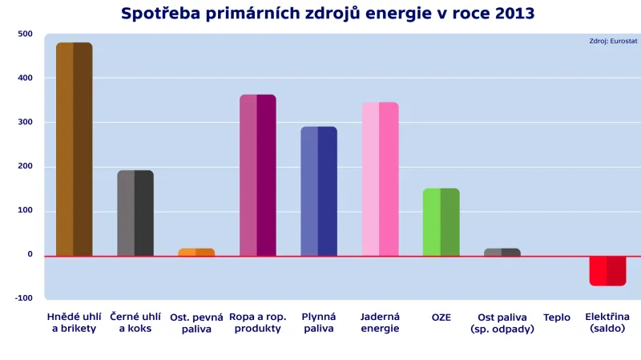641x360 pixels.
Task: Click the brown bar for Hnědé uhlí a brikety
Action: coord(74,149)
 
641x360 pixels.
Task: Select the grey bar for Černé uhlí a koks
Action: coord(135,213)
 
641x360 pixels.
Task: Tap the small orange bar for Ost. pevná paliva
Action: coord(196,253)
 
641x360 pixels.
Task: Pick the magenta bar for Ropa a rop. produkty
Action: coord(258,176)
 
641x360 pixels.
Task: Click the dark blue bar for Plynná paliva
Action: coord(319,192)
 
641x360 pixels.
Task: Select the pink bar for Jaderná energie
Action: coord(380,179)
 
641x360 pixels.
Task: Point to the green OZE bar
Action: coord(441,222)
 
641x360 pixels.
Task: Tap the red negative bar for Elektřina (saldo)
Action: coord(607,271)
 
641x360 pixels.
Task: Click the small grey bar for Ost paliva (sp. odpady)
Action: coord(502,253)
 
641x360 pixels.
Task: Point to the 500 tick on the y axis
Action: coord(25,34)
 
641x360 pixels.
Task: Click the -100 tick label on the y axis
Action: coord(23,298)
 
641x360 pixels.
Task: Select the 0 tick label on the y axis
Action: coord(30,254)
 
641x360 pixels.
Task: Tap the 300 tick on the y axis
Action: coord(25,122)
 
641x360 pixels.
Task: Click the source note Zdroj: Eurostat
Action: coord(613,42)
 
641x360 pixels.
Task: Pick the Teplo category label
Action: coord(557,318)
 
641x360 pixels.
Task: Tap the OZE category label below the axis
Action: coord(441,318)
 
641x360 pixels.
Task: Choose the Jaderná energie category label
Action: coord(380,322)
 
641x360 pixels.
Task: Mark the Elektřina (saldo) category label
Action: coord(607,322)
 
